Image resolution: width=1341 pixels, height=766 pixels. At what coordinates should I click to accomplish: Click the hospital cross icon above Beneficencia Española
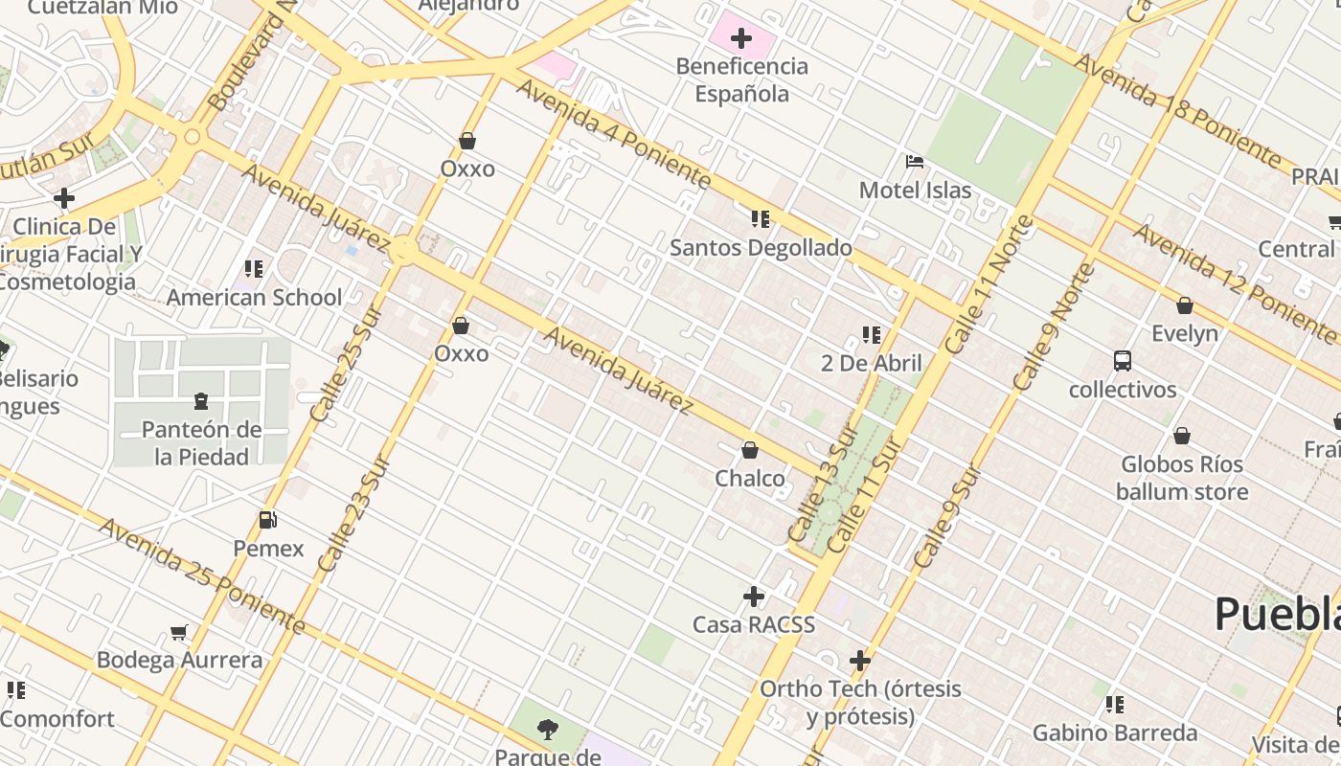[x=740, y=38]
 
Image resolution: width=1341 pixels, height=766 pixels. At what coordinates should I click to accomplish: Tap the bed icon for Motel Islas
[x=915, y=162]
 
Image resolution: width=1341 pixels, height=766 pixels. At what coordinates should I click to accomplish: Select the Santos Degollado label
[x=761, y=248]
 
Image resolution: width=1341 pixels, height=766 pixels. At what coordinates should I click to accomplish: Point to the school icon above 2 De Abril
[x=871, y=335]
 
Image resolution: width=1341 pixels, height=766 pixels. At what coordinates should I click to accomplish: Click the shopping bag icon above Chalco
[x=750, y=450]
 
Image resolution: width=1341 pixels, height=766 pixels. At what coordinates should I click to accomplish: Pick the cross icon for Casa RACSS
[x=754, y=597]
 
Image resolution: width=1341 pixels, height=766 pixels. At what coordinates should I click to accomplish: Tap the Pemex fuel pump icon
[x=268, y=521]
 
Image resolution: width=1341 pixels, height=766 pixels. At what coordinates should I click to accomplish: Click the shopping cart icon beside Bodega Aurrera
[x=178, y=632]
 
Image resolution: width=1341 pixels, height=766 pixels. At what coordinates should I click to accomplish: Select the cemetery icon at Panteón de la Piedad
[x=201, y=400]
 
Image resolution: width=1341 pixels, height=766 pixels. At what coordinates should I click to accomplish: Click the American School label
[x=254, y=298]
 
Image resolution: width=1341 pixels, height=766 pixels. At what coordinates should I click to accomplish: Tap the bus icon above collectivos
[x=1123, y=361]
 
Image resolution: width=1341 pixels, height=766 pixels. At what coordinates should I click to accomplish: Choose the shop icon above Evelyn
[x=1185, y=305]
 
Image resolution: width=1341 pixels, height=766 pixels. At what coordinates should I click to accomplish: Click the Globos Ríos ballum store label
[x=1182, y=478]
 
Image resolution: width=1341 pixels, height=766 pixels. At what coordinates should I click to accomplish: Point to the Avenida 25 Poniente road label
[x=201, y=576]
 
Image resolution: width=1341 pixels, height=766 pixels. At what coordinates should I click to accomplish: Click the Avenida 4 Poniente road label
[x=614, y=134]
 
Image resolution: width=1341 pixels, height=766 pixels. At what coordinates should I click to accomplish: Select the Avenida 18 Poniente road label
[x=1177, y=107]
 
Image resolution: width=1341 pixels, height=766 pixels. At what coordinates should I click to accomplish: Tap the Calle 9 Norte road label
[x=1054, y=326]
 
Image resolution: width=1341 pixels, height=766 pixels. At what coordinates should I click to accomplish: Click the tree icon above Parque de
[x=547, y=730]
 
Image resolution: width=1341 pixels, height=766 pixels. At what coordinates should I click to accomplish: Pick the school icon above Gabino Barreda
[x=1115, y=705]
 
